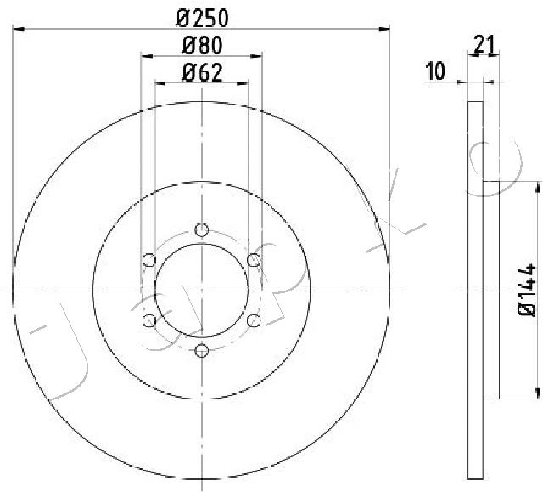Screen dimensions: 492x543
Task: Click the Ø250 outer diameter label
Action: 201,16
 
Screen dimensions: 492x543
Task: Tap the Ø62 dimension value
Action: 201,73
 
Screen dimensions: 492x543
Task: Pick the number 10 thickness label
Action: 435,71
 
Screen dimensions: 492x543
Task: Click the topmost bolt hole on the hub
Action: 201,229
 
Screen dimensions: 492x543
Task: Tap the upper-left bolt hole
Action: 149,259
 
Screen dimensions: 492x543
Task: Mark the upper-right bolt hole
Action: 253,259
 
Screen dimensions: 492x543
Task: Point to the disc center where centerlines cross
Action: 201,290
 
